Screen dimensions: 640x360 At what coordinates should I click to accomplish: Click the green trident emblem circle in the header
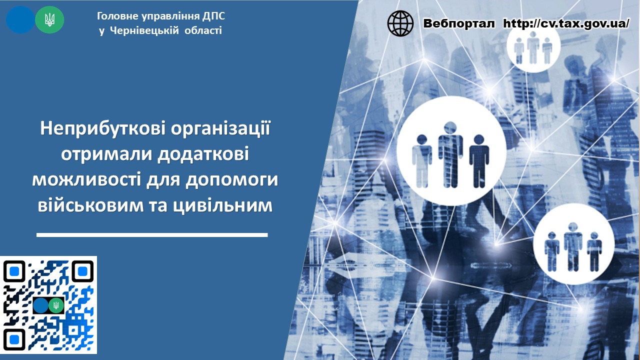click(x=49, y=19)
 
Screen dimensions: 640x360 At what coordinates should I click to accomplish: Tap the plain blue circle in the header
click(x=20, y=19)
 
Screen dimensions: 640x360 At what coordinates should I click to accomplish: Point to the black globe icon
click(x=400, y=23)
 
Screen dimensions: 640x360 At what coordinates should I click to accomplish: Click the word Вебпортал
click(x=459, y=23)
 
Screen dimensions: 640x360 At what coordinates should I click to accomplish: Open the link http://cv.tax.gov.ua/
click(x=566, y=23)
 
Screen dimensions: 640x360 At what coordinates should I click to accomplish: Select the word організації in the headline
click(x=220, y=129)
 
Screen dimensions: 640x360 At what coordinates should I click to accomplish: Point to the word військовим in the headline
click(x=90, y=205)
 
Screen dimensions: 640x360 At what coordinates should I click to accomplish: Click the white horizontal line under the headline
click(x=152, y=235)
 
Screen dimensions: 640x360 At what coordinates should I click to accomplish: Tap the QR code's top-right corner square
click(x=82, y=271)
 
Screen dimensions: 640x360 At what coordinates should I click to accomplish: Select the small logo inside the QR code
click(x=48, y=305)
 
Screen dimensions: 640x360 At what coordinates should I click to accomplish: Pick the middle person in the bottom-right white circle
click(x=573, y=247)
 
